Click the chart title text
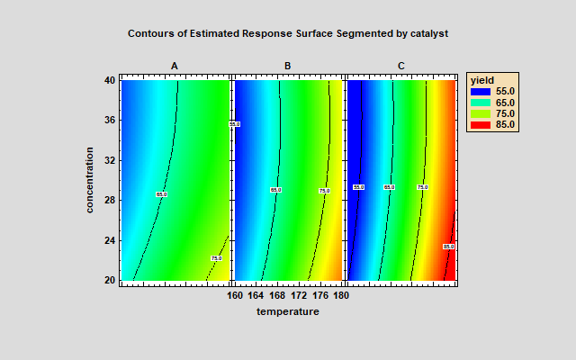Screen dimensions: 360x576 288,33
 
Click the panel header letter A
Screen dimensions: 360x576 175,65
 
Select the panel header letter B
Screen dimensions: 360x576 287,65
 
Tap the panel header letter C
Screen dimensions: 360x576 400,65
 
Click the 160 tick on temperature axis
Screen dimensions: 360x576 234,293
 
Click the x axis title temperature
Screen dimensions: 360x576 288,311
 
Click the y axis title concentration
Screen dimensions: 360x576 91,180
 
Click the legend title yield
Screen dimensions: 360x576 482,80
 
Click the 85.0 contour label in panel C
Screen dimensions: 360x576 448,246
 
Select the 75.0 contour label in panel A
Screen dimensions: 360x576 216,258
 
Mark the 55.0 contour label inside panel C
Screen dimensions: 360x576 358,187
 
